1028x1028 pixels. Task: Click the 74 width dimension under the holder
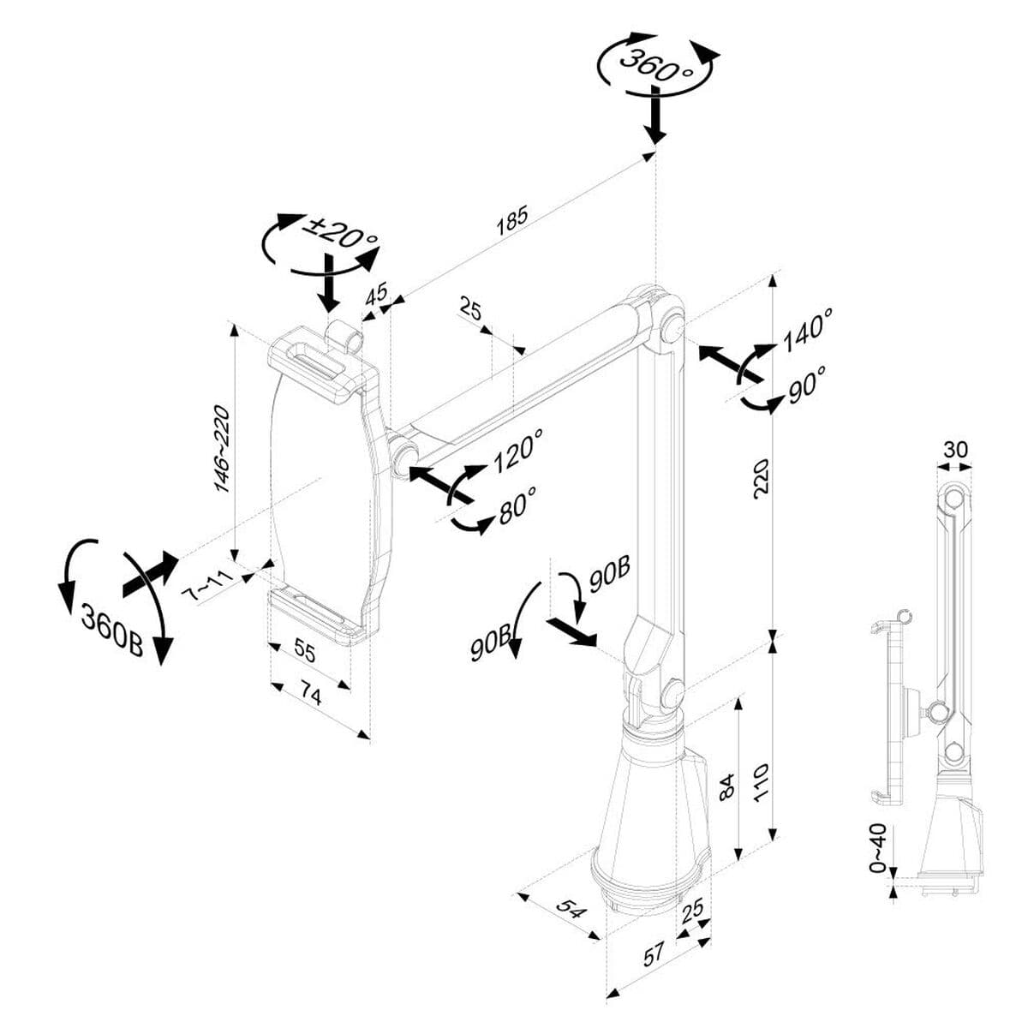pos(311,696)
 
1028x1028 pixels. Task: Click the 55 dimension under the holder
pos(305,651)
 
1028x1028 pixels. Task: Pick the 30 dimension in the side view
pos(955,449)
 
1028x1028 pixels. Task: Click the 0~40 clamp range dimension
pos(878,848)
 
